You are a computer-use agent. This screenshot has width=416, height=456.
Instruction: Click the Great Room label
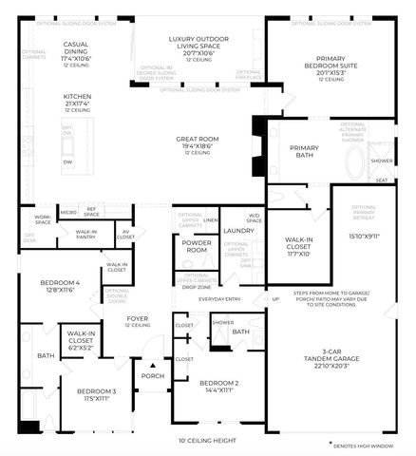tap(197, 140)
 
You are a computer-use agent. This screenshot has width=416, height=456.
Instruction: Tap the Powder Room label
tap(197, 244)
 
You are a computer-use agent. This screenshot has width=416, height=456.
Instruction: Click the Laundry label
tap(236, 230)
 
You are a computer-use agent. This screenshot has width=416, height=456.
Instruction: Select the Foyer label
tap(138, 319)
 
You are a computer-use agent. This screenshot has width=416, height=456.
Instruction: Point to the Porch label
tap(152, 374)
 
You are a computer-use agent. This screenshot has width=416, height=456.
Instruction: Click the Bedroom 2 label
tap(217, 384)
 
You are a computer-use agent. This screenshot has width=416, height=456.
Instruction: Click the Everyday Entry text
tap(217, 298)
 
